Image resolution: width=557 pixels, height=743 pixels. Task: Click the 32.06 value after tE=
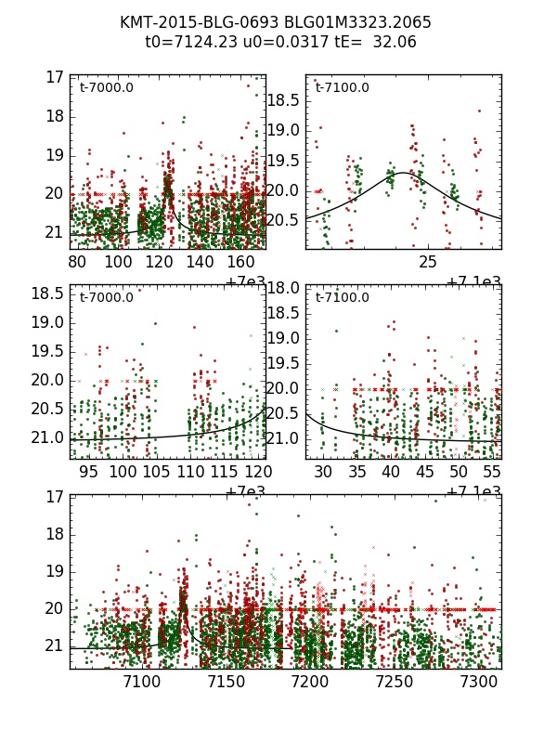tap(395, 42)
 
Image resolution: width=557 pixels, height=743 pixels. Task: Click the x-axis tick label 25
tap(428, 262)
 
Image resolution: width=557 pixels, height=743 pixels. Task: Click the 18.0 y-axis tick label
tap(284, 288)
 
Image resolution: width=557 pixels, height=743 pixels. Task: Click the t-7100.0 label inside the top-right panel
tap(342, 88)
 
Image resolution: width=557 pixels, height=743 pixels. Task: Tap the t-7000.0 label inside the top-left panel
tap(106, 88)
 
